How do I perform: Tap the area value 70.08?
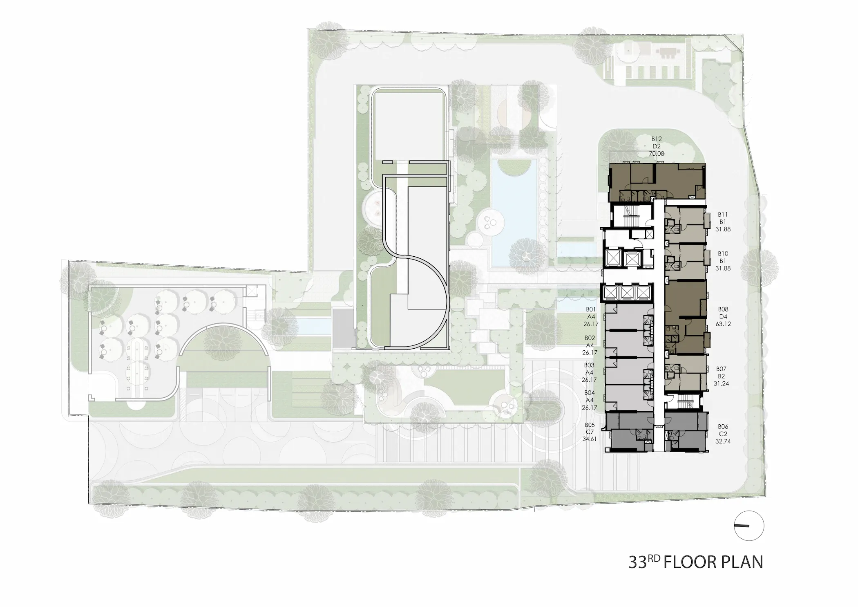pyautogui.click(x=657, y=154)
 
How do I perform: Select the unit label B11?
pyautogui.click(x=723, y=214)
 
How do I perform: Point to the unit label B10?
pyautogui.click(x=723, y=253)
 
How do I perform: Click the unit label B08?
pyautogui.click(x=723, y=309)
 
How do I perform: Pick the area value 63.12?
pyautogui.click(x=723, y=324)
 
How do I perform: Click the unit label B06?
pyautogui.click(x=723, y=427)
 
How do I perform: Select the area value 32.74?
pyautogui.click(x=723, y=441)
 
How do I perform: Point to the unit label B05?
pyautogui.click(x=590, y=425)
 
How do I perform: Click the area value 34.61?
pyautogui.click(x=590, y=439)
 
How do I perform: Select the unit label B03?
pyautogui.click(x=589, y=365)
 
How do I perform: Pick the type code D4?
pyautogui.click(x=723, y=316)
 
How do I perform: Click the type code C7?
pyautogui.click(x=590, y=432)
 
